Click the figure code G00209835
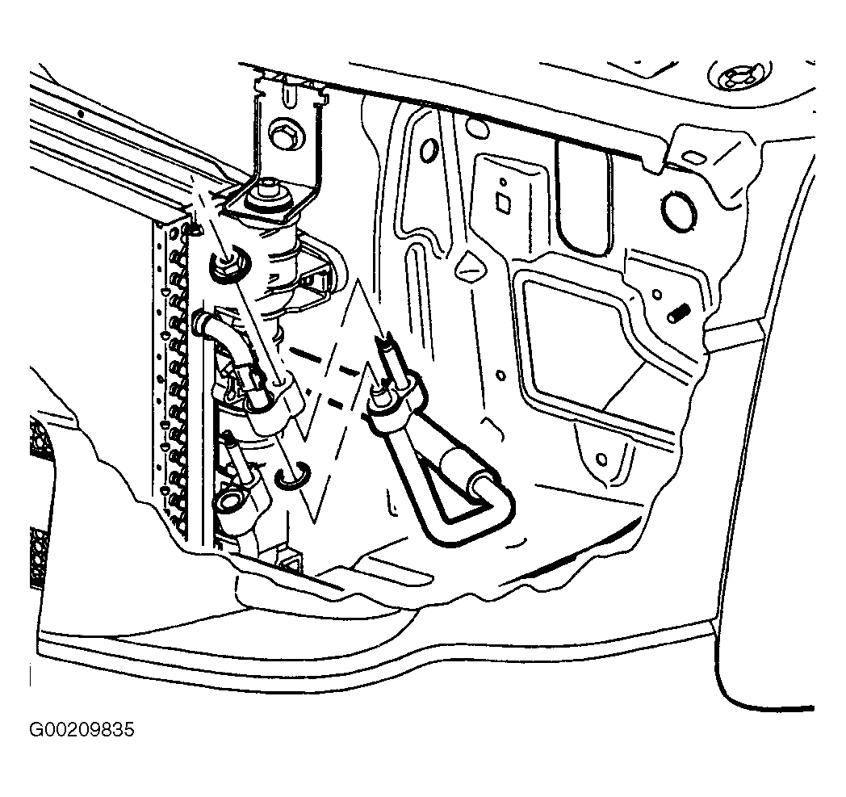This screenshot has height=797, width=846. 82,730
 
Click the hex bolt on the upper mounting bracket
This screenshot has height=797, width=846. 282,132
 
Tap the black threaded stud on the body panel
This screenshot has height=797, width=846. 681,313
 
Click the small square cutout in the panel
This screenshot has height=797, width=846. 504,203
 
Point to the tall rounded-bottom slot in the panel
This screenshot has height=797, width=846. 583,195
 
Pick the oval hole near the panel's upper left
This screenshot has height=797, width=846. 429,150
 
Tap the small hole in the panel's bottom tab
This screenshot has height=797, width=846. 601,459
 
